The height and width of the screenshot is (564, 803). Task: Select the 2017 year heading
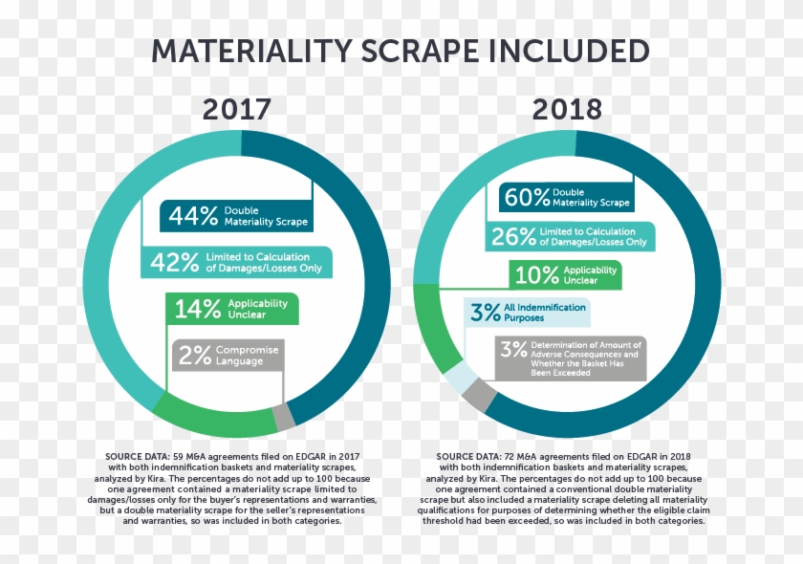[x=236, y=109]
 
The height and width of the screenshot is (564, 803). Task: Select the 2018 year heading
[x=568, y=109]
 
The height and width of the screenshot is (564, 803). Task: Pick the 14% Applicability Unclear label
[x=232, y=309]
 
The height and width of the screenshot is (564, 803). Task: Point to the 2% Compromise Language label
[x=228, y=355]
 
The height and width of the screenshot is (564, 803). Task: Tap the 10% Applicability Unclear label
[x=565, y=276]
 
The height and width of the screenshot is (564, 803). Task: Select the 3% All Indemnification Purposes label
[x=525, y=313]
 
